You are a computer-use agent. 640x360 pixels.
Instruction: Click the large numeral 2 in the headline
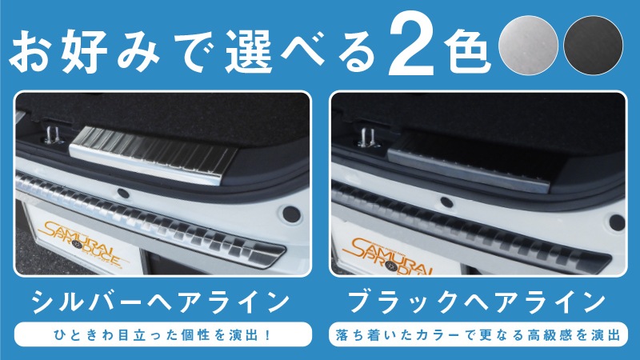(x=412, y=47)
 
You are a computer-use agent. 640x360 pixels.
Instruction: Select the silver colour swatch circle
(x=528, y=46)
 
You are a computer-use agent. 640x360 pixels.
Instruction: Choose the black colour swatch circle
(x=593, y=46)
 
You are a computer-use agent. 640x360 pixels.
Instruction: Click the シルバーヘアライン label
(x=161, y=302)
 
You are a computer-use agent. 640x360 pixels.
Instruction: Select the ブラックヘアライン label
(x=477, y=302)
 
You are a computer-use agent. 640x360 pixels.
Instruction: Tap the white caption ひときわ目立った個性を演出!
(x=163, y=335)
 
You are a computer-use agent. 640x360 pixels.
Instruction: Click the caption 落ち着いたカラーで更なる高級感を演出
(x=478, y=335)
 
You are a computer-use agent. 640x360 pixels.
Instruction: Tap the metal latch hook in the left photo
(x=51, y=135)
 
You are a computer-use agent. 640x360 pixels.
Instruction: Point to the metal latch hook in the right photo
(x=367, y=138)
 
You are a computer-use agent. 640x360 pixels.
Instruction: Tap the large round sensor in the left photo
(x=291, y=214)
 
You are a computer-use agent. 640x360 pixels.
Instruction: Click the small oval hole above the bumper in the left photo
(x=123, y=194)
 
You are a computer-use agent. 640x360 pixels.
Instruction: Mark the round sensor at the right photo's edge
(x=617, y=222)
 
